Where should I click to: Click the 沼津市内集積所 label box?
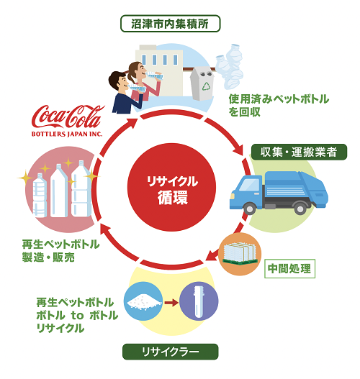[x=171, y=24]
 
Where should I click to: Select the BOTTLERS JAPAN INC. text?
[x=67, y=134]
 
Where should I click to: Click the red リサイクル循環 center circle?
[x=171, y=187]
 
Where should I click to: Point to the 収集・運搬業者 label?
[x=299, y=152]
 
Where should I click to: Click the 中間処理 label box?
[x=289, y=268]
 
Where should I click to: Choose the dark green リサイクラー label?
[x=171, y=352]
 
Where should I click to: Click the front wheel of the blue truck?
[x=249, y=209]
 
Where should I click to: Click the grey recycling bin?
[x=202, y=83]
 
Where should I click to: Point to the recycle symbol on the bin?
[x=207, y=86]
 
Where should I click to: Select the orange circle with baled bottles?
[x=240, y=254]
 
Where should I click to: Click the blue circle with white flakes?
[x=143, y=301]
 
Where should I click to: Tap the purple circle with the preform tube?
[x=199, y=301]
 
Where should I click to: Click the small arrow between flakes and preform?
[x=171, y=303]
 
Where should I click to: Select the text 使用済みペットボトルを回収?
[x=279, y=106]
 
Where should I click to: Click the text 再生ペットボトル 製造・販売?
[x=60, y=251]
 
